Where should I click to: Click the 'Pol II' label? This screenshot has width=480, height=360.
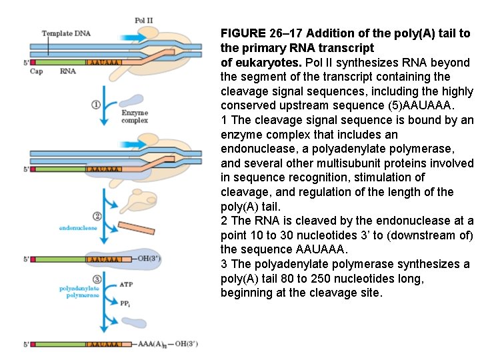click(143, 21)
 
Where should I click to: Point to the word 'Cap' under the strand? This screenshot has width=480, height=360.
click(36, 71)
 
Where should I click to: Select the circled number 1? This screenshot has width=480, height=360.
click(96, 105)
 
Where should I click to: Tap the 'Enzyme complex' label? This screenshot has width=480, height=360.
click(135, 117)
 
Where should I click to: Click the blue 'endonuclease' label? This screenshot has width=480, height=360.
click(78, 228)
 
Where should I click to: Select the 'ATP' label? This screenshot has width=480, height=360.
click(126, 284)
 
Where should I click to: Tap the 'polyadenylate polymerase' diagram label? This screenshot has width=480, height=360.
click(79, 291)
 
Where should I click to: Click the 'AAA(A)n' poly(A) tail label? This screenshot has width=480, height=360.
click(153, 344)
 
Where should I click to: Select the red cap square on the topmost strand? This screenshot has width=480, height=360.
click(33, 62)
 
